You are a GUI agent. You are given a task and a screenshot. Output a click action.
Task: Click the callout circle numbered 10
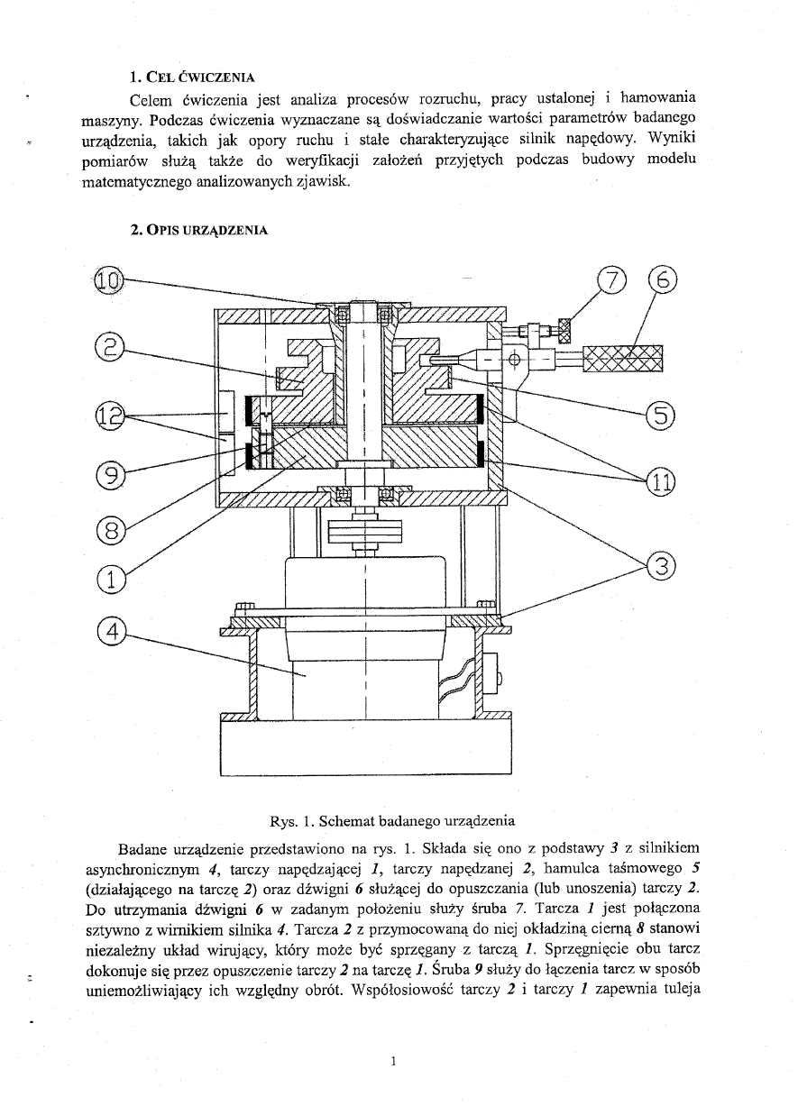point(107,281)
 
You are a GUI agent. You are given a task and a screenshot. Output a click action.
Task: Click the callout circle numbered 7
point(611,281)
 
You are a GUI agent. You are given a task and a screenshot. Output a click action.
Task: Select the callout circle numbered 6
point(662,281)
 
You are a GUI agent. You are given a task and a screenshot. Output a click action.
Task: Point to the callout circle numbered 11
point(662,481)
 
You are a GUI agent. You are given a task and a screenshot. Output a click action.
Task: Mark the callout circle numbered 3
point(662,566)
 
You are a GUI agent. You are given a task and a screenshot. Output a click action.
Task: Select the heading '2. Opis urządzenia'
point(198,230)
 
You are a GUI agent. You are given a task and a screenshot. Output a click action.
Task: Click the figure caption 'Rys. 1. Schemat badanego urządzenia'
point(392,821)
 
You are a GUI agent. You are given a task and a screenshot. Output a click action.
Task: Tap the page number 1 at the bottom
point(394,1061)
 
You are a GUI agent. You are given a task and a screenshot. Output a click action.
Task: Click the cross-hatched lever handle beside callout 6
point(622,359)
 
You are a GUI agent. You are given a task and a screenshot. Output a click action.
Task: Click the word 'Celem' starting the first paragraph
point(151,98)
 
